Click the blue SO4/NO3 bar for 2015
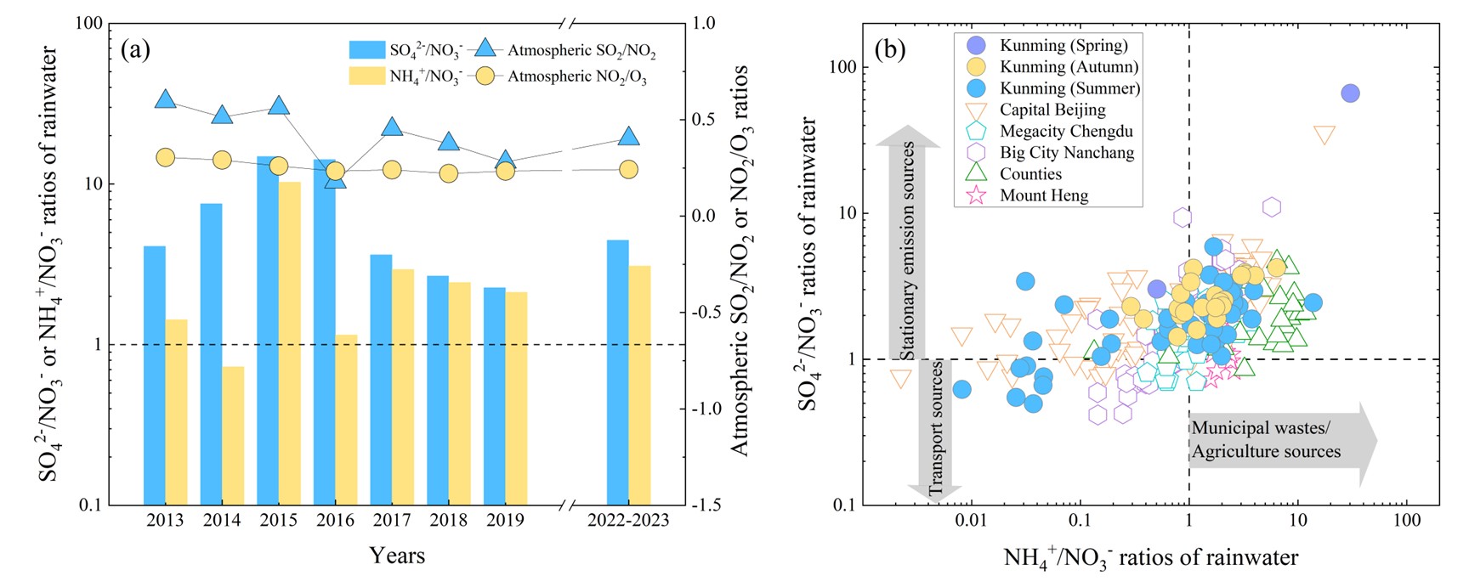[267, 331]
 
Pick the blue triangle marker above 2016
[336, 178]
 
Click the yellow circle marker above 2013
[165, 157]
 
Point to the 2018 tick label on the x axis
[448, 520]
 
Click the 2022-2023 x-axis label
[628, 520]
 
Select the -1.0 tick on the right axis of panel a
[714, 409]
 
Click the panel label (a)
[136, 50]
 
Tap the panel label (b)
[890, 50]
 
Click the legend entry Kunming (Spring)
[1063, 46]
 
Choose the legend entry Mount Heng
[1043, 195]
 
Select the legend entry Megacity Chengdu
[1065, 132]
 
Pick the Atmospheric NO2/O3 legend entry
[581, 76]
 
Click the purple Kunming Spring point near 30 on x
[1350, 93]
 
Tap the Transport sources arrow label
[935, 429]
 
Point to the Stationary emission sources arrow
[908, 246]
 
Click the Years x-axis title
[397, 556]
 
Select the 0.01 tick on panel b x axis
[971, 520]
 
